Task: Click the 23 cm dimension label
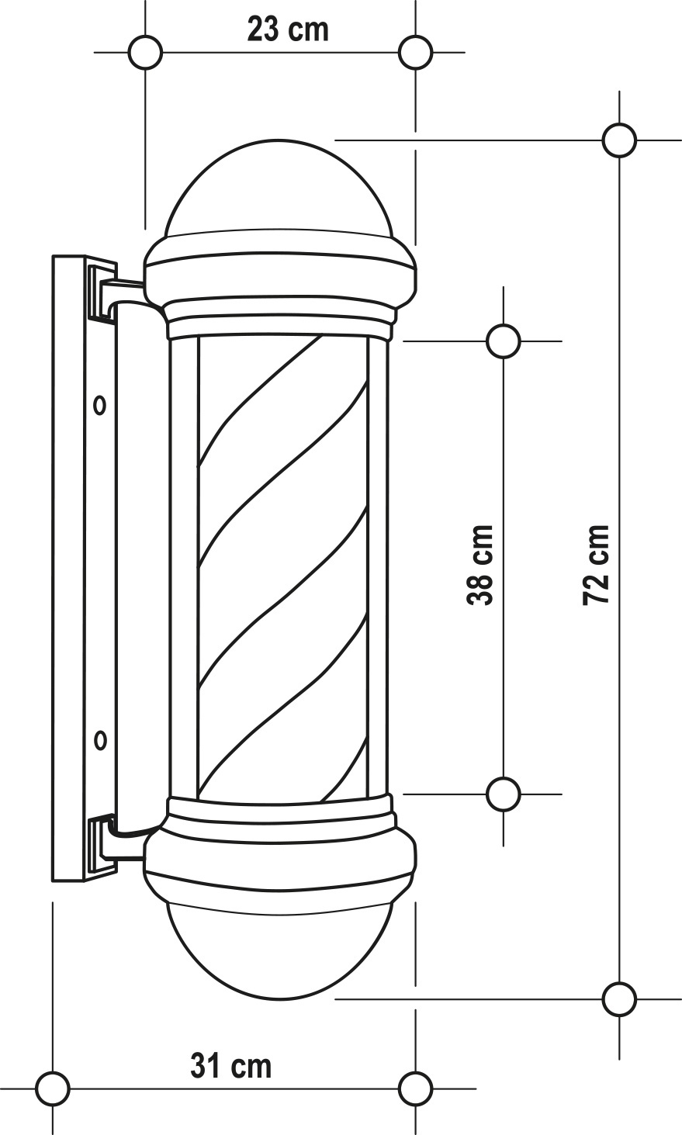click(288, 30)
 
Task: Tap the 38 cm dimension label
click(479, 565)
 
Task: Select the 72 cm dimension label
click(595, 565)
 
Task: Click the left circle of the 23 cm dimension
click(145, 52)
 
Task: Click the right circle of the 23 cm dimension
click(415, 52)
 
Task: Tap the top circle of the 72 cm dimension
click(619, 140)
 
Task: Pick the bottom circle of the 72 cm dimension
click(619, 999)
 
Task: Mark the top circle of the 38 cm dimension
click(503, 341)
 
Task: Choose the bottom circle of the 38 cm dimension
click(503, 794)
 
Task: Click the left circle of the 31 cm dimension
click(53, 1088)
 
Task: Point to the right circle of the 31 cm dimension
click(415, 1088)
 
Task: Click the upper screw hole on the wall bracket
click(100, 405)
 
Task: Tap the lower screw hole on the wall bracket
click(100, 741)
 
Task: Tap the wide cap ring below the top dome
click(280, 271)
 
